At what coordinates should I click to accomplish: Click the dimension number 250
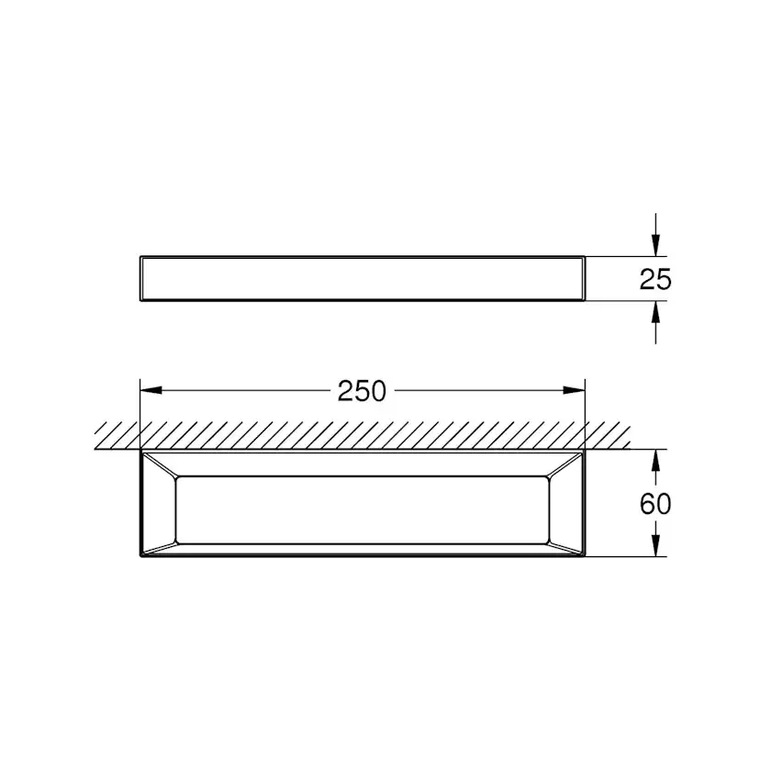click(x=362, y=391)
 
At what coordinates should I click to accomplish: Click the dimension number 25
click(x=655, y=279)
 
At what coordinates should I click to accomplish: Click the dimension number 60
click(x=655, y=504)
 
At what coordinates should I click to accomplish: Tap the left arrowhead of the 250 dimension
click(x=151, y=390)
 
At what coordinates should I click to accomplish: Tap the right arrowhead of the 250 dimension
click(x=575, y=390)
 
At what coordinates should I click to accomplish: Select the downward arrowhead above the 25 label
click(x=655, y=245)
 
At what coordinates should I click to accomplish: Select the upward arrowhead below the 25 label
click(x=655, y=312)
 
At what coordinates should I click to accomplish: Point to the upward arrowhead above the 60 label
click(x=655, y=461)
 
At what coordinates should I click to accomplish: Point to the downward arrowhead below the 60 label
click(x=655, y=545)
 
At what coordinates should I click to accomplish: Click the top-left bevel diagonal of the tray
click(x=160, y=464)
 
